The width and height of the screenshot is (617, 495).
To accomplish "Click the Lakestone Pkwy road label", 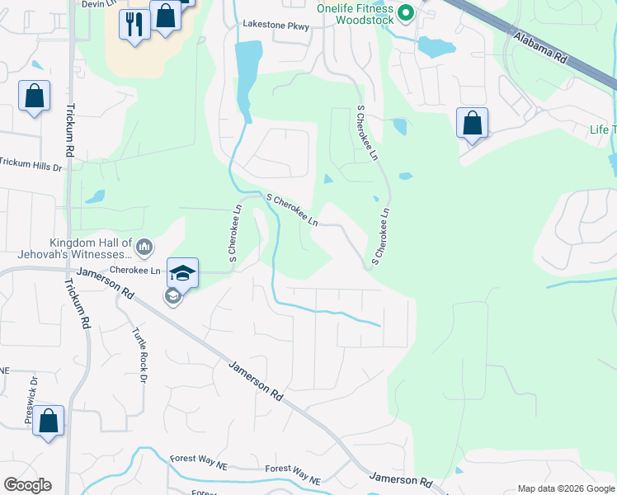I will click(x=276, y=26).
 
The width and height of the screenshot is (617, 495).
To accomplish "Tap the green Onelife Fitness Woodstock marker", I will click(x=405, y=12).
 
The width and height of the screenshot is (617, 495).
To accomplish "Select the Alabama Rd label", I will click(x=540, y=48).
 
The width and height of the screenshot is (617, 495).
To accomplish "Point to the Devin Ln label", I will click(x=97, y=4).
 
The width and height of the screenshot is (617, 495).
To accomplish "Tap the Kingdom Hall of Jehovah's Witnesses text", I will click(x=91, y=248).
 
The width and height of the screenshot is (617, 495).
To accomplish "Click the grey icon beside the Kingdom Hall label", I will click(x=144, y=246).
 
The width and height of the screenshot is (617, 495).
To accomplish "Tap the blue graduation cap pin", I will click(x=182, y=272).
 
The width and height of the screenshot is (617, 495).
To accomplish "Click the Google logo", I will click(x=27, y=485).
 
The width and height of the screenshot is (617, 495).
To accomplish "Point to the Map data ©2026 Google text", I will click(x=567, y=488).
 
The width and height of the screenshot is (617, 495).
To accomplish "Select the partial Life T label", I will click(x=602, y=130).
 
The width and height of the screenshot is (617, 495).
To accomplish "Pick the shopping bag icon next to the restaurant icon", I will click(x=165, y=16).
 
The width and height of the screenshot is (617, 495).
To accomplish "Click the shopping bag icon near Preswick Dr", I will click(x=49, y=421).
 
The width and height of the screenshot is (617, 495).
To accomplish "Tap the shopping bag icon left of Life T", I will click(x=472, y=123).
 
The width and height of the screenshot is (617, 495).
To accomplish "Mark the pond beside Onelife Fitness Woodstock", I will click(x=436, y=46).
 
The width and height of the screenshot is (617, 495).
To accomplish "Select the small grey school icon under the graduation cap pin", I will click(x=173, y=296).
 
